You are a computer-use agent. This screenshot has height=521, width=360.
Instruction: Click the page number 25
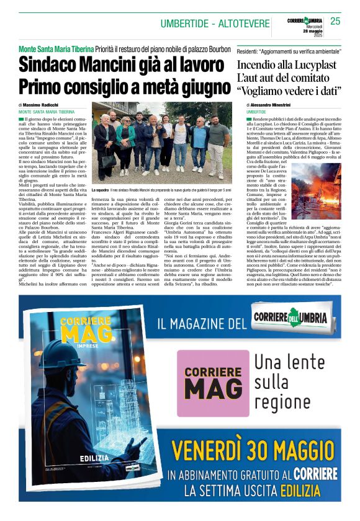[335, 20]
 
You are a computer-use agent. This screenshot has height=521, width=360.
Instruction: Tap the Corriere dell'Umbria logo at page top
[302, 20]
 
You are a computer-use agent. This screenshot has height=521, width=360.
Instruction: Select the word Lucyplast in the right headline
[310, 65]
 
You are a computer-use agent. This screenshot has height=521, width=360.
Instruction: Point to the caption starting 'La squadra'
[161, 189]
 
